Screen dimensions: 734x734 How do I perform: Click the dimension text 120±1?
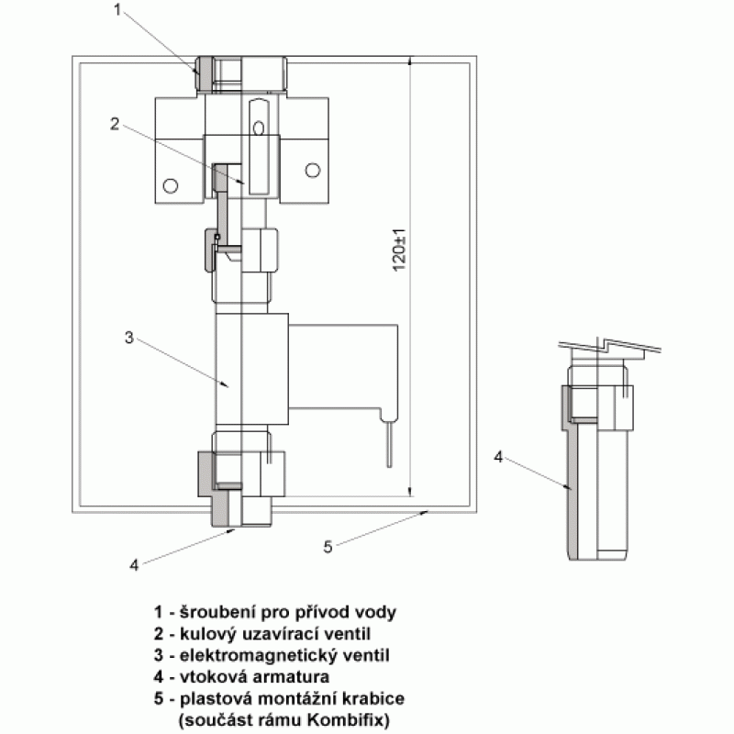tap(400, 250)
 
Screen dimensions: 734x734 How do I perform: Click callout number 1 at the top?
tap(117, 9)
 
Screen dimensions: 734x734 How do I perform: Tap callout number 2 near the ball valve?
tap(115, 124)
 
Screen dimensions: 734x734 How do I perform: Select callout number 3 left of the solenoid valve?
tap(129, 338)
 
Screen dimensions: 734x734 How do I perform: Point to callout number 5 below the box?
tap(328, 546)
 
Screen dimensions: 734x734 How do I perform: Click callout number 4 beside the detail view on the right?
tap(498, 457)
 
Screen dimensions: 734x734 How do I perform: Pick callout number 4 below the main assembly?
tap(134, 565)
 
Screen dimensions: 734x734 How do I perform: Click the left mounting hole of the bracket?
tap(170, 186)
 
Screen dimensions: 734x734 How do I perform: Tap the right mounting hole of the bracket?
tap(313, 171)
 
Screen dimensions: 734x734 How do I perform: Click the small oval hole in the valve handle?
tap(259, 128)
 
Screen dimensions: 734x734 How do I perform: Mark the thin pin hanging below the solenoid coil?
tap(389, 441)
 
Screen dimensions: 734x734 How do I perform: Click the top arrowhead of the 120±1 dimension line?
tap(410, 61)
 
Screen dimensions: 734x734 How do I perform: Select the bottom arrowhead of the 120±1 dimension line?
tap(410, 491)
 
